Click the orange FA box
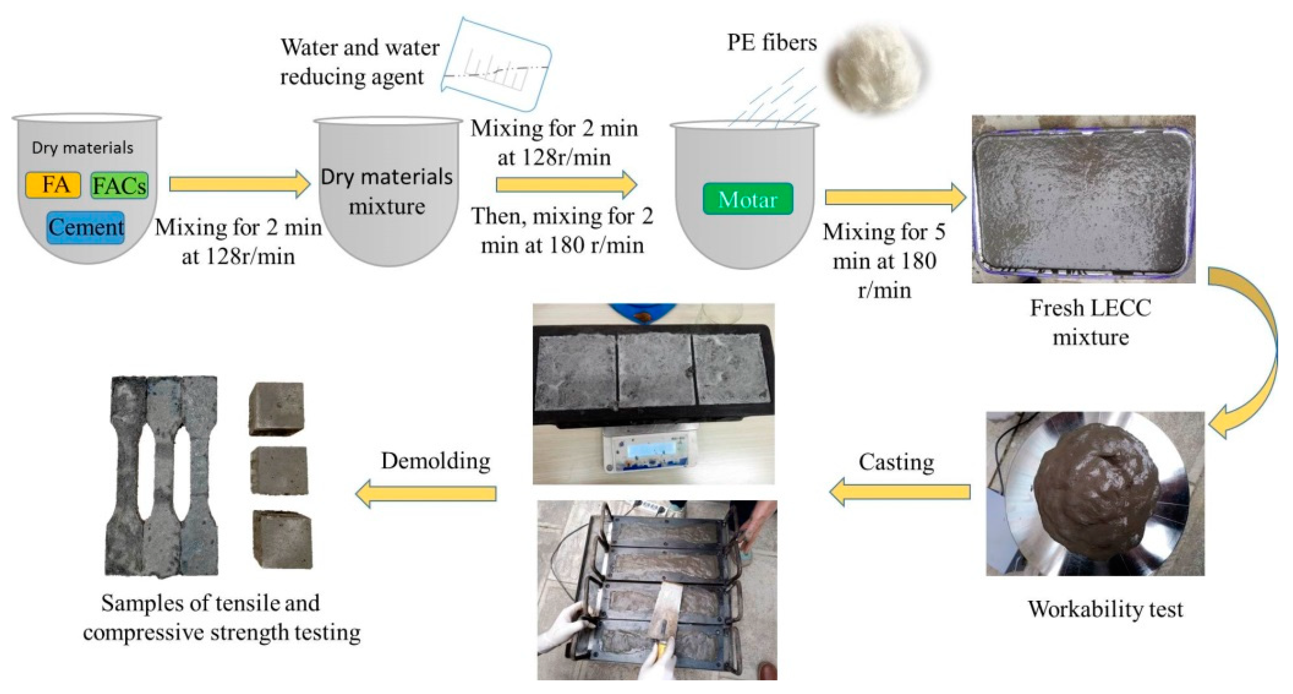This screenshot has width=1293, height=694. [x=53, y=185]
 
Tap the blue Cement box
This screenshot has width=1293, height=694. [x=85, y=228]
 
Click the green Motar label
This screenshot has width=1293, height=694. [x=747, y=199]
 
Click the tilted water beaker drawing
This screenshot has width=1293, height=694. [x=497, y=65]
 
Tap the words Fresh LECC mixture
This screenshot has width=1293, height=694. [x=1090, y=323]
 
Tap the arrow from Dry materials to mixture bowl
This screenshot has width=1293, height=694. [x=240, y=184]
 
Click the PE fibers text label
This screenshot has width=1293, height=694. [x=772, y=43]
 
